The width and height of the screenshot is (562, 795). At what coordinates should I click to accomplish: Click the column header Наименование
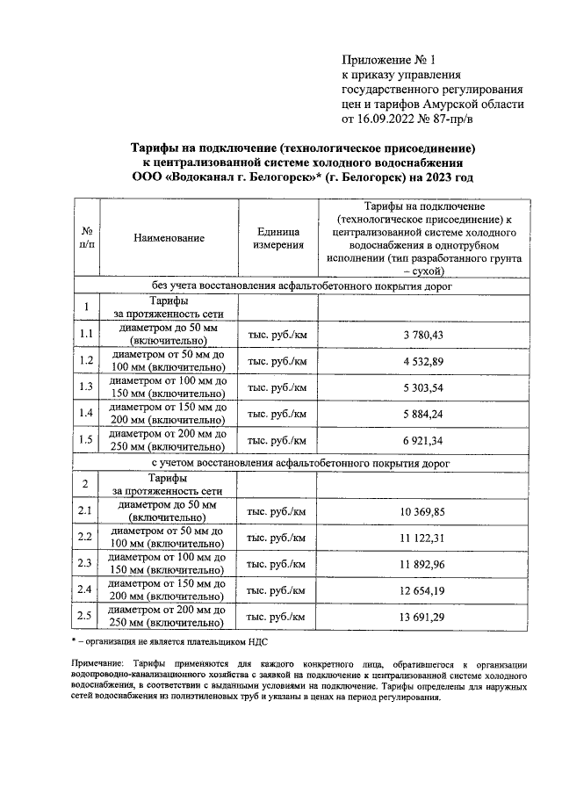[x=169, y=238]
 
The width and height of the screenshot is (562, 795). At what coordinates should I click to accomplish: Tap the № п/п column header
[x=86, y=238]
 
